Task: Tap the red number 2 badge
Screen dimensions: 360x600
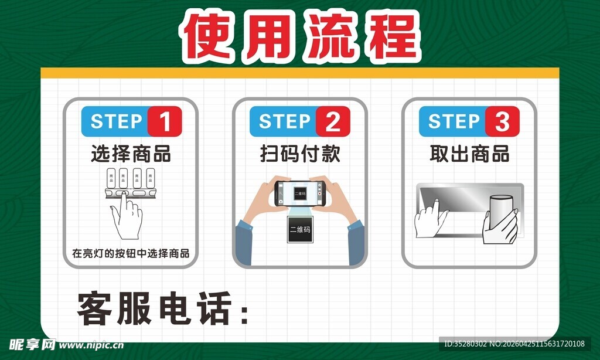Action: (333, 122)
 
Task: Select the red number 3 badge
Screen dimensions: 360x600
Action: (502, 122)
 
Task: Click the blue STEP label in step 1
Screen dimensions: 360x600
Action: (116, 122)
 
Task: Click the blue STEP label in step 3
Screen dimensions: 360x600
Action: (454, 122)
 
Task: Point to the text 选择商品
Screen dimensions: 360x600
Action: (131, 155)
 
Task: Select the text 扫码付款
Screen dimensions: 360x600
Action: (300, 155)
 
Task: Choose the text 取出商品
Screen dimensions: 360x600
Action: (469, 155)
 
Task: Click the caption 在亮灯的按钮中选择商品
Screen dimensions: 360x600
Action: (131, 254)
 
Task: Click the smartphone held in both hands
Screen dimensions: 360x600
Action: (299, 193)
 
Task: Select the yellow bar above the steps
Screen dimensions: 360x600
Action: (299, 73)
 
